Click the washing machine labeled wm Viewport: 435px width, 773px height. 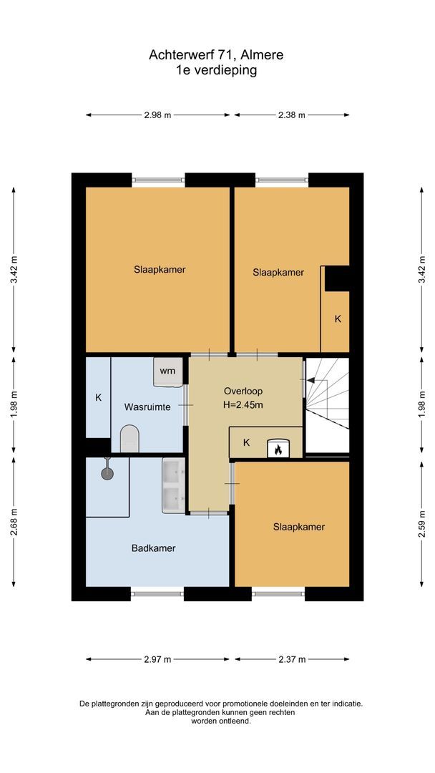(167, 371)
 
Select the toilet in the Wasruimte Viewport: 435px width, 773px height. (129, 438)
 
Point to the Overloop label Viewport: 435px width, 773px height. (243, 392)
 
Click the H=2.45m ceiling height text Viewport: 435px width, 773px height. (243, 405)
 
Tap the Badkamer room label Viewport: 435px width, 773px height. (153, 548)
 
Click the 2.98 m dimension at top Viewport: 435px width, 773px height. (157, 115)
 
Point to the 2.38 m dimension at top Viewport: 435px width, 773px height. (291, 115)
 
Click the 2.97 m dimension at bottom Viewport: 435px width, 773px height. (157, 659)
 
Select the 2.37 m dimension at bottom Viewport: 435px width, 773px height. (291, 659)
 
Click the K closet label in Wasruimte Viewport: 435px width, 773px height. (99, 397)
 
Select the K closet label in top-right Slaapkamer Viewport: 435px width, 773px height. (338, 319)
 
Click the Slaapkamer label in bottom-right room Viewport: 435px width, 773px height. (298, 527)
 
